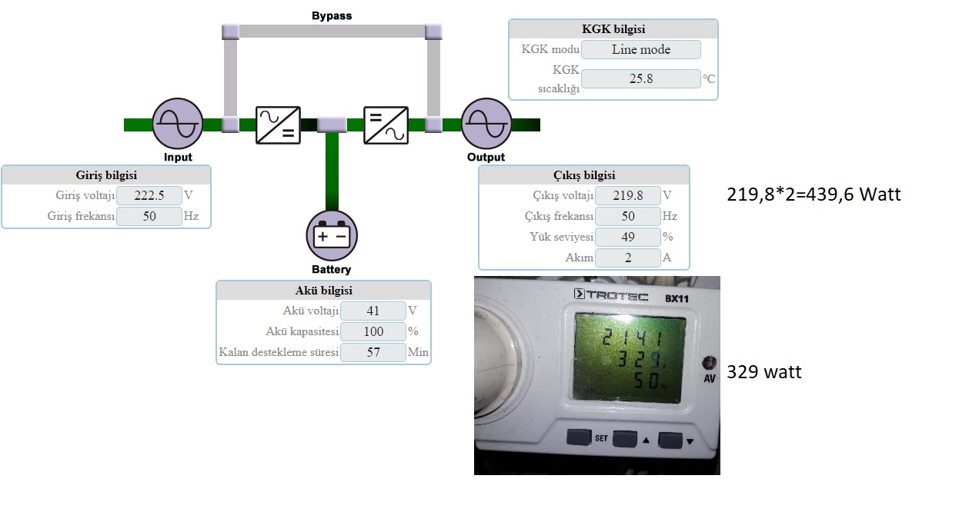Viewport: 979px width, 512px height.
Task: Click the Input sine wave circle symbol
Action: pyautogui.click(x=178, y=124)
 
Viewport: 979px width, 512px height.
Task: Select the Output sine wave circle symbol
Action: pyautogui.click(x=486, y=124)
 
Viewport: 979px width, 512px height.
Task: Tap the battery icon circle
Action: pyautogui.click(x=332, y=236)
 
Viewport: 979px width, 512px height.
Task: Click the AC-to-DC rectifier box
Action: pyautogui.click(x=278, y=125)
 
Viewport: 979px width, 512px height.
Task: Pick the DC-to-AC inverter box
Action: pyautogui.click(x=386, y=125)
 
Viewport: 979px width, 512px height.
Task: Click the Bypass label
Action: pyautogui.click(x=332, y=15)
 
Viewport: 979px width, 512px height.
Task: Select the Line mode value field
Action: pyautogui.click(x=641, y=49)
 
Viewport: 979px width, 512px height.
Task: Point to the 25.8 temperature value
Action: pyautogui.click(x=641, y=78)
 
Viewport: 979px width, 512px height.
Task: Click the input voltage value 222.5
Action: pyautogui.click(x=149, y=195)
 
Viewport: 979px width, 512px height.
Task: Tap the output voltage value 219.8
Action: pyautogui.click(x=627, y=195)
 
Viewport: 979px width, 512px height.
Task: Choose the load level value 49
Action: pyautogui.click(x=627, y=237)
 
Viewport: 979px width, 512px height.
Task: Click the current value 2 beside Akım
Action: pyautogui.click(x=627, y=258)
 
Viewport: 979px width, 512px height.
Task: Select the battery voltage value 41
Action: pyautogui.click(x=373, y=311)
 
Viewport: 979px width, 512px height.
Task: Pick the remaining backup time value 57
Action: pyautogui.click(x=373, y=352)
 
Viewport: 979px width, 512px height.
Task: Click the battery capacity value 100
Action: pyautogui.click(x=373, y=331)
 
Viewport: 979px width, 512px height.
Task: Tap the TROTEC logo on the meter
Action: pyautogui.click(x=611, y=295)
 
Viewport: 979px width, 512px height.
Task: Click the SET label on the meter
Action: pyautogui.click(x=601, y=437)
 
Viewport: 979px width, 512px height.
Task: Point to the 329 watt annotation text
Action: pyautogui.click(x=764, y=372)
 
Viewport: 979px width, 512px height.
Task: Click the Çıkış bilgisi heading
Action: pyautogui.click(x=584, y=175)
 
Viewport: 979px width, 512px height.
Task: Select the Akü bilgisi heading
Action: pyautogui.click(x=324, y=291)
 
